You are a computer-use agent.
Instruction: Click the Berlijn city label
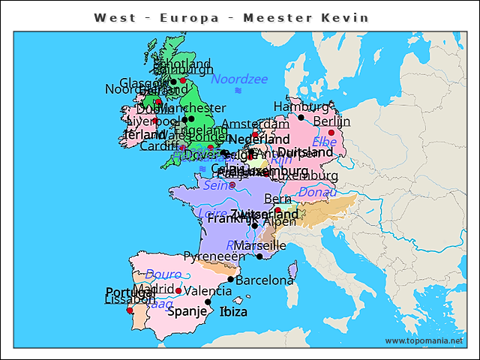pyautogui.click(x=331, y=121)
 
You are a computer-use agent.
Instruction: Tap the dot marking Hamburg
pyautogui.click(x=301, y=117)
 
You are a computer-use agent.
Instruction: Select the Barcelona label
pyautogui.click(x=265, y=280)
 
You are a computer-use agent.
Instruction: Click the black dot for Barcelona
pyautogui.click(x=231, y=279)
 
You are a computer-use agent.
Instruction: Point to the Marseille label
pyautogui.click(x=259, y=245)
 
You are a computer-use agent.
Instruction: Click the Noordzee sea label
pyautogui.click(x=239, y=79)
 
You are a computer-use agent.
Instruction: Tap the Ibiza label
pyautogui.click(x=233, y=312)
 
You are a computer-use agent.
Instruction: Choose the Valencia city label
pyautogui.click(x=208, y=291)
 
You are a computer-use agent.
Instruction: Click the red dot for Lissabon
pyautogui.click(x=129, y=310)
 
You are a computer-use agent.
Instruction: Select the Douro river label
pyautogui.click(x=163, y=274)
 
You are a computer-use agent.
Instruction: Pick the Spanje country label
pyautogui.click(x=187, y=311)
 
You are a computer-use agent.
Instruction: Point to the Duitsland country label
pyautogui.click(x=305, y=152)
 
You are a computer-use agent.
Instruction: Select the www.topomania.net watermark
pyautogui.click(x=424, y=340)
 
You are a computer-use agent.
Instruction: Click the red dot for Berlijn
pyautogui.click(x=331, y=133)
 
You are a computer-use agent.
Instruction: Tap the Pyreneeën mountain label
pyautogui.click(x=214, y=256)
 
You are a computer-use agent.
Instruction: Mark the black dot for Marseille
pyautogui.click(x=259, y=256)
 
